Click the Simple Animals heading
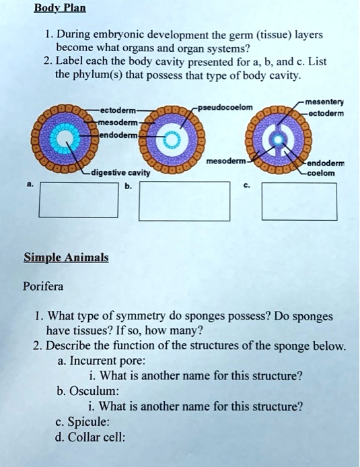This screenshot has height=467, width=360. coord(66,258)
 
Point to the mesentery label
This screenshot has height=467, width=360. coord(324,102)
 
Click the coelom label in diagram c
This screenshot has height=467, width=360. coord(322,173)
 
